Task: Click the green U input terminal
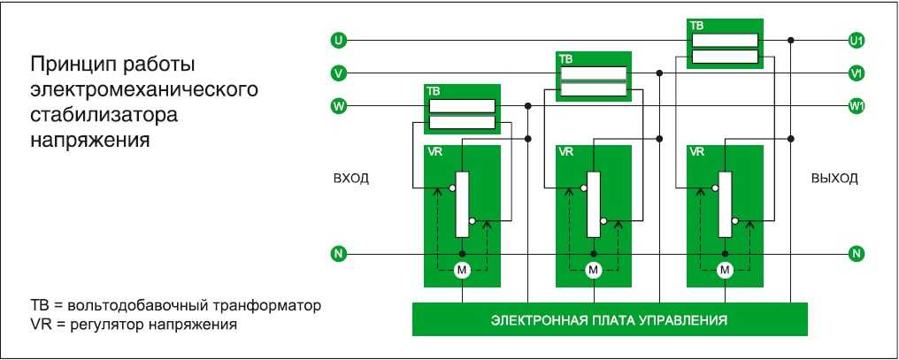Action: (x=339, y=40)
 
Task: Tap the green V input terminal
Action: (x=339, y=73)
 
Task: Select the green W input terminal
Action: (x=339, y=106)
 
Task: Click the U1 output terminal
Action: (x=857, y=41)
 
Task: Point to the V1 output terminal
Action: (x=857, y=73)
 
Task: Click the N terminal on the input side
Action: (x=339, y=253)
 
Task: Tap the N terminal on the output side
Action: (x=857, y=253)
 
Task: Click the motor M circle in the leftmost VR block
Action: (x=462, y=270)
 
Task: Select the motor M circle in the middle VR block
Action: (x=594, y=270)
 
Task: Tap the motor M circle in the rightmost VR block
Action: (x=726, y=270)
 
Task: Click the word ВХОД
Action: (x=351, y=179)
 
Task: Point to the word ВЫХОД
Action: (x=834, y=179)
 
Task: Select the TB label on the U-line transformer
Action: (x=696, y=26)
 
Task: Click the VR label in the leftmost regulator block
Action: (x=434, y=152)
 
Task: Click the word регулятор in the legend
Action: (x=108, y=325)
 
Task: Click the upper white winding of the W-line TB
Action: (x=462, y=106)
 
